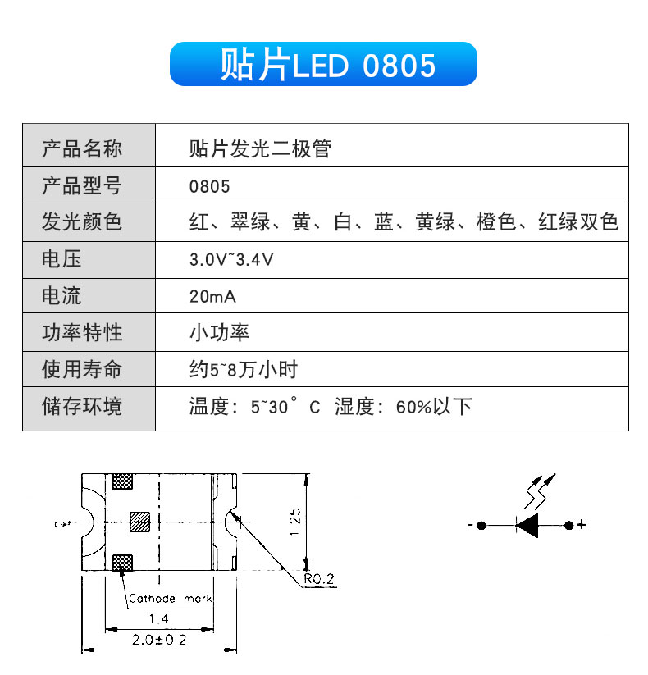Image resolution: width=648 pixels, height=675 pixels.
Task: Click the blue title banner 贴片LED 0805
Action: [x=323, y=64]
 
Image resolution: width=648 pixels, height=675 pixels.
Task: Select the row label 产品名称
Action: [x=82, y=149]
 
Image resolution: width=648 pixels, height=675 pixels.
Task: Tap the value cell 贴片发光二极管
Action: [x=260, y=149]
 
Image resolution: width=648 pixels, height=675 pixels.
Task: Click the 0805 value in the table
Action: [x=209, y=187]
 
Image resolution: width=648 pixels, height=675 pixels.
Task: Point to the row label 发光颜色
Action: [x=82, y=222]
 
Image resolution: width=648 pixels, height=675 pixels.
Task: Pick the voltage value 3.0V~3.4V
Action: [x=231, y=259]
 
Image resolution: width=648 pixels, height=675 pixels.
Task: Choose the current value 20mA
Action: [x=212, y=297]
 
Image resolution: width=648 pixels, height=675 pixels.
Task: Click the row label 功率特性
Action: [x=82, y=333]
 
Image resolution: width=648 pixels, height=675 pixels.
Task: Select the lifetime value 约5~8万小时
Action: [x=244, y=369]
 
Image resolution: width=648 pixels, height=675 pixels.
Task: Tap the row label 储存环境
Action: [x=82, y=406]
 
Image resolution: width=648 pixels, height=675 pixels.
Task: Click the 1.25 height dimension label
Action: [x=295, y=522]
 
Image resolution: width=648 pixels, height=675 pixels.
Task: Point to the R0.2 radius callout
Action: [x=318, y=579]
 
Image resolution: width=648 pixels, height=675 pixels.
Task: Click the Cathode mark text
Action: [x=170, y=599]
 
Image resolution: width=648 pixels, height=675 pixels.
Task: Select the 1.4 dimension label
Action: [x=159, y=619]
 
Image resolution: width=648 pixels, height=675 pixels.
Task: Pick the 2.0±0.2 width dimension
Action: [x=159, y=640]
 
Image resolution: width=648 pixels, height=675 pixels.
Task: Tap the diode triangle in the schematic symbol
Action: [x=527, y=525]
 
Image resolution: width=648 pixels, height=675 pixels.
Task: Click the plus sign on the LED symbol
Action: [x=582, y=525]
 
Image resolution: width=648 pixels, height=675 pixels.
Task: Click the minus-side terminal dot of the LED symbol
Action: [x=481, y=525]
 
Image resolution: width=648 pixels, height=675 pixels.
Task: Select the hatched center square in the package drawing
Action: [x=140, y=522]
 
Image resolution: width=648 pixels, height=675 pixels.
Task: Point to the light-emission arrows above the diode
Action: [x=539, y=490]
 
